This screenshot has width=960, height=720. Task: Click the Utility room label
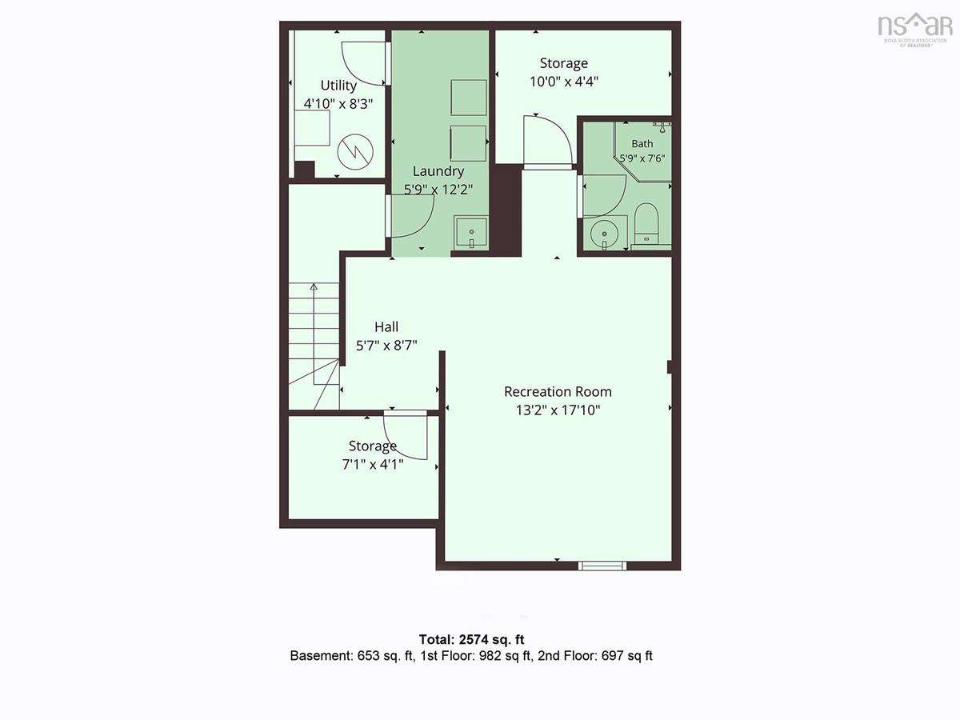coord(338,86)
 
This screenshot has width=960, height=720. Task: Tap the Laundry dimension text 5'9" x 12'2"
coord(438,190)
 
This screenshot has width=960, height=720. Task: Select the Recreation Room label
coord(558,392)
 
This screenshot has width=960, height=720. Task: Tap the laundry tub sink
coord(471,232)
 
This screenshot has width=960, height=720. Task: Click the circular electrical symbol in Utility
coord(355,153)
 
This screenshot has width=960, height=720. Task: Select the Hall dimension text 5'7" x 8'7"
coord(386,346)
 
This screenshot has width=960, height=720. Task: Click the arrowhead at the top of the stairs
coord(314,286)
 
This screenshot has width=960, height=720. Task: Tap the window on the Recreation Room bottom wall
coord(602,566)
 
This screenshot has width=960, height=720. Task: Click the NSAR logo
coord(915,30)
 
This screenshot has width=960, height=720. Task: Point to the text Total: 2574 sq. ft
coord(471,639)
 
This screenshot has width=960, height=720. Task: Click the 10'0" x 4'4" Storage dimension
coord(564,82)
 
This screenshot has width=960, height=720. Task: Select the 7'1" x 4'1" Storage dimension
coord(373,464)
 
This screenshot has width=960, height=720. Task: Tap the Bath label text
coord(642,143)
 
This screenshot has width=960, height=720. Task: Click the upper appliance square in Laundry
coord(469,98)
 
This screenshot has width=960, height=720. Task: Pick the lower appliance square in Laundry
coord(469,143)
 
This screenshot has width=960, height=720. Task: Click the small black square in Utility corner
coord(305,170)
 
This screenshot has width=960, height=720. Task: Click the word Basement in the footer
coord(321,656)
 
